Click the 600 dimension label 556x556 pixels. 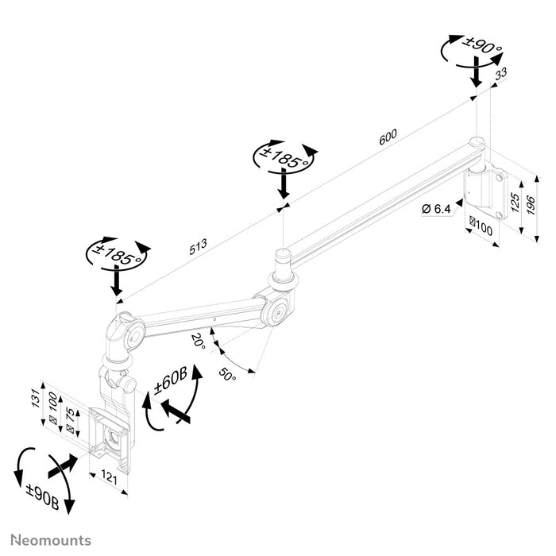pos(387,137)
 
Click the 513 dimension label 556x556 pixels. pos(198,246)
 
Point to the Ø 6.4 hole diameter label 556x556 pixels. pos(437,209)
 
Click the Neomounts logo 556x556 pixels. pos(51,540)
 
